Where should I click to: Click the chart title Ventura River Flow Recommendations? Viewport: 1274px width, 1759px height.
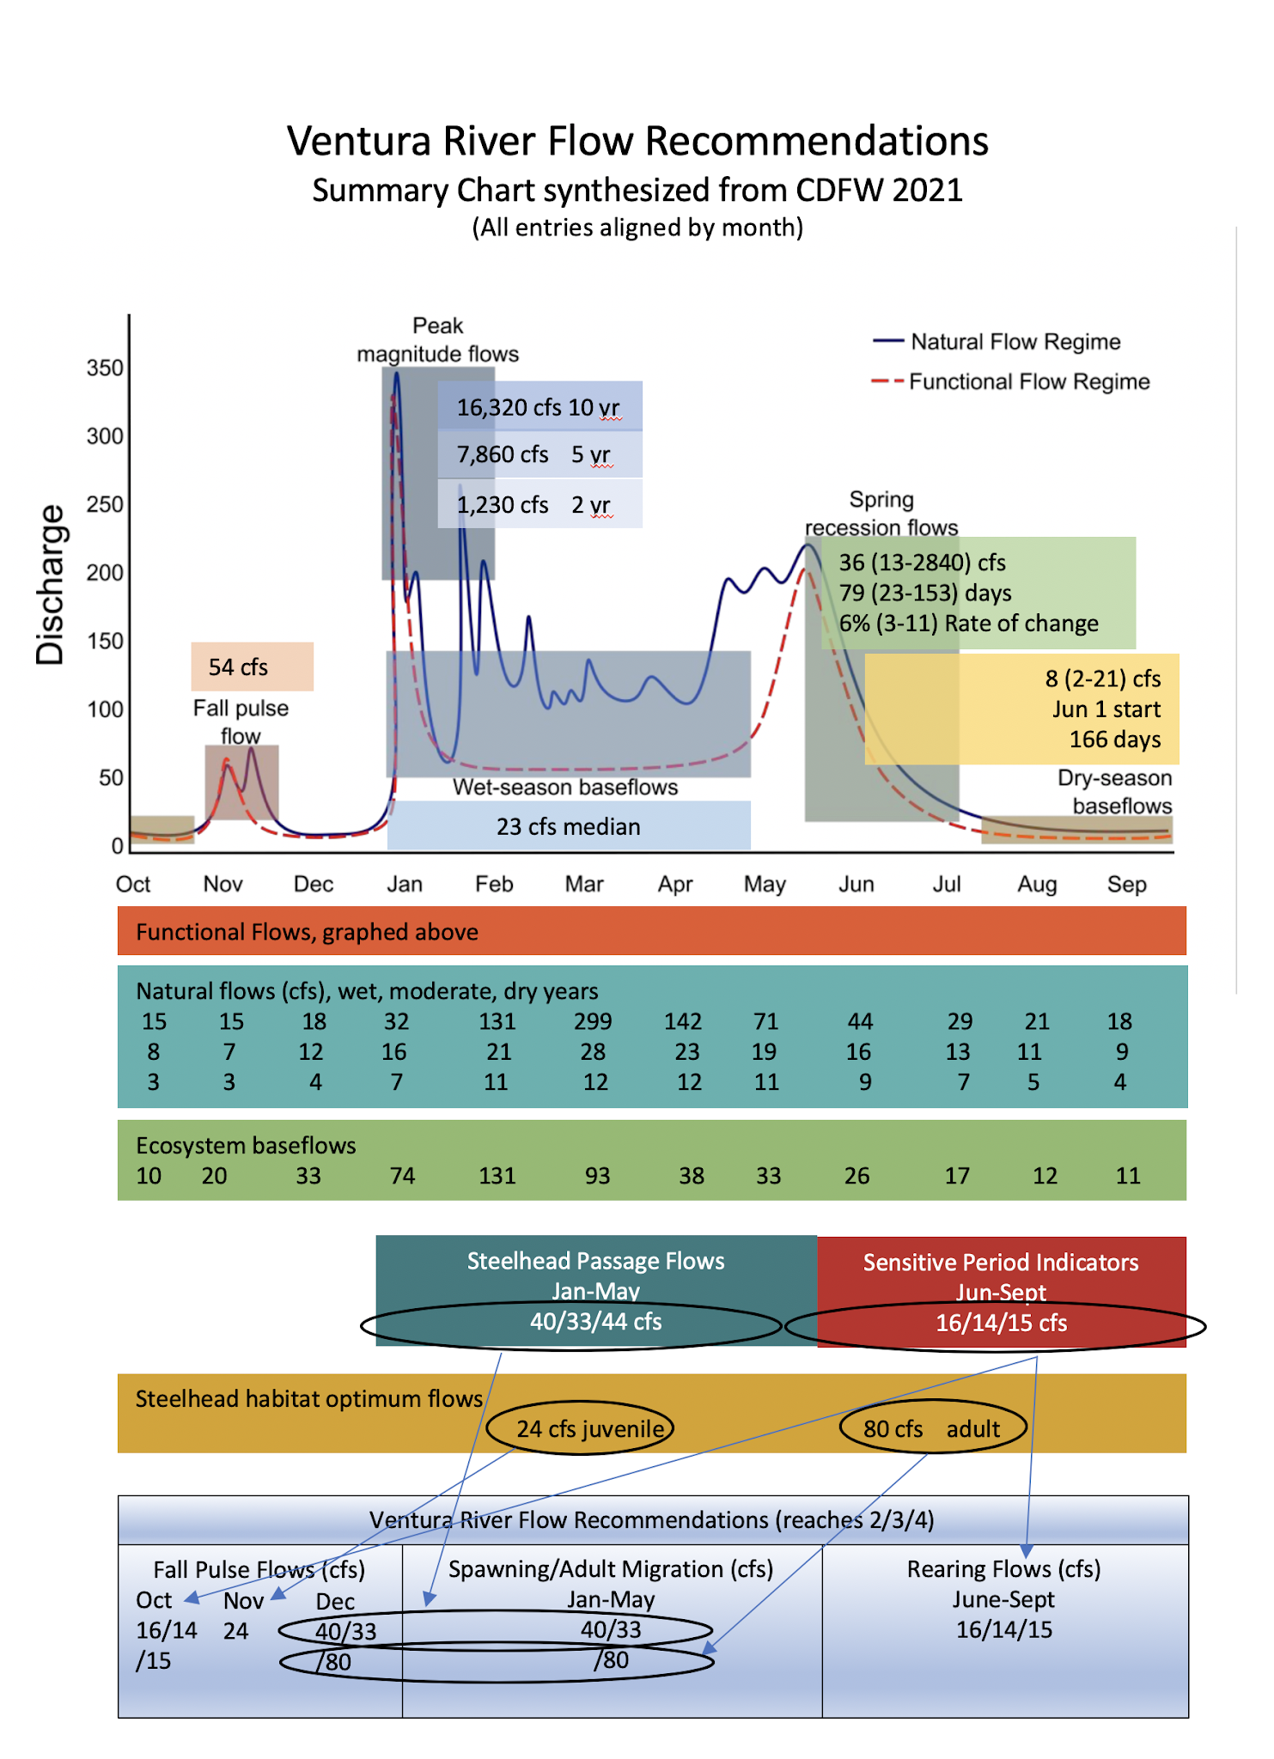tap(637, 141)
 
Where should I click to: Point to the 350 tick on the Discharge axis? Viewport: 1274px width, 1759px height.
tap(105, 368)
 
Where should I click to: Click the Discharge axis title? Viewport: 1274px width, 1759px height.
tap(50, 585)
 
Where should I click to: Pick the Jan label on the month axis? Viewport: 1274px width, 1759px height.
tap(404, 884)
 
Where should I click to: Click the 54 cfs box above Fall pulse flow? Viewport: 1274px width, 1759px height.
tap(239, 667)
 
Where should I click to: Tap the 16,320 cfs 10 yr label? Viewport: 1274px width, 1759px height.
tap(538, 407)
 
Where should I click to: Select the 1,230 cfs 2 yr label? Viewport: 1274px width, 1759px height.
tap(533, 505)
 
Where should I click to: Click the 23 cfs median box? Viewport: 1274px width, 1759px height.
tap(568, 826)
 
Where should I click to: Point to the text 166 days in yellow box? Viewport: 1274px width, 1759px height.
tap(1114, 740)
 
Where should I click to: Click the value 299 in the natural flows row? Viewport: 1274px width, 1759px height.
tap(593, 1021)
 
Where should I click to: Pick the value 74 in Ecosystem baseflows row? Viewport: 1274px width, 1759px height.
tap(402, 1176)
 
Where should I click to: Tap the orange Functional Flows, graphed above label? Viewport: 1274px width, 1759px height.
tap(307, 932)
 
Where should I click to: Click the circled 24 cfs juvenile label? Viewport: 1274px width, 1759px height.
tap(590, 1428)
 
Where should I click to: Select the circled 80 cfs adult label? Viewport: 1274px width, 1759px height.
tap(931, 1428)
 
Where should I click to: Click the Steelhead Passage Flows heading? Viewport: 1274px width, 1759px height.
tap(595, 1261)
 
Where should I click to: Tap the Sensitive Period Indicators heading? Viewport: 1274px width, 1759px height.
tap(1001, 1263)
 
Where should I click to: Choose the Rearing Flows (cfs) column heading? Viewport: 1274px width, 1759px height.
tap(1003, 1569)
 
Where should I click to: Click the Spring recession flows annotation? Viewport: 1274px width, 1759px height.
tap(881, 513)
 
